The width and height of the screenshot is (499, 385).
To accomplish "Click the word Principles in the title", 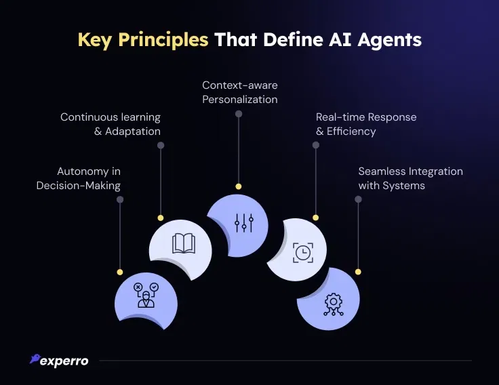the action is (163, 41).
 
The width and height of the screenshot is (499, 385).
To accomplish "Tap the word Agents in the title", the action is (390, 41).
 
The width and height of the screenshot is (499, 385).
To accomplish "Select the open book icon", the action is (184, 244).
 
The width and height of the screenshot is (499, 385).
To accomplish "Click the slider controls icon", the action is (244, 223).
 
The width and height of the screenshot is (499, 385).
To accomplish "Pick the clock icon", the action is (303, 253).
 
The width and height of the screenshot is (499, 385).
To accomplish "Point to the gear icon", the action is (333, 304).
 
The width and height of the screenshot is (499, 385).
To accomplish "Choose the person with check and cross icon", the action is (146, 295).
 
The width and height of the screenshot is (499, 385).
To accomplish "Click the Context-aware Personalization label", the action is (239, 92).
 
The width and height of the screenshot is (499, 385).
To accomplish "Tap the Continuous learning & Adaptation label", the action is (111, 124).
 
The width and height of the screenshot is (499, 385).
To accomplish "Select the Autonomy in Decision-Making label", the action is (78, 178).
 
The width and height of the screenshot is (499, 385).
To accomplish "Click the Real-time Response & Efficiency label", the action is (366, 124).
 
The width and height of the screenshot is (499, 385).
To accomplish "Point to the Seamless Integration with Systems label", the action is (411, 178).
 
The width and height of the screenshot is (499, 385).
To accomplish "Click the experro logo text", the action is (64, 361).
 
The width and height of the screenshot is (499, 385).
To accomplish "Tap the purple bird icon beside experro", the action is (35, 359).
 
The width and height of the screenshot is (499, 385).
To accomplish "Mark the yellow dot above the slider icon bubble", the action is (239, 186).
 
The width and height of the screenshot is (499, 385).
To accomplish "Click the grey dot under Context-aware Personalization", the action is (239, 114).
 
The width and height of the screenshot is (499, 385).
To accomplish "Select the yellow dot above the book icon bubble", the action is (161, 218).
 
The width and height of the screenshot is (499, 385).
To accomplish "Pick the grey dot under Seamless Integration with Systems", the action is (358, 199).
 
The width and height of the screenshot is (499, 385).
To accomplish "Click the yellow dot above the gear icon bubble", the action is (358, 272).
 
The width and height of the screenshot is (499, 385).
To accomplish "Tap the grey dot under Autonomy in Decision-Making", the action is (120, 199).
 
